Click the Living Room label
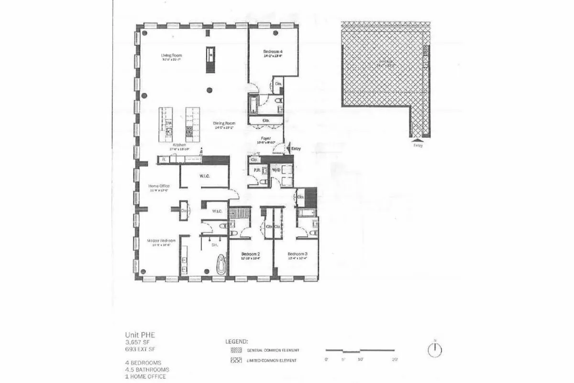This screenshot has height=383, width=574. point(171,56)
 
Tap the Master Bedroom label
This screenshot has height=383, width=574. point(161,240)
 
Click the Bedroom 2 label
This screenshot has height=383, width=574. point(250,254)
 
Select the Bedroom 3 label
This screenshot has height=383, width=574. point(297,254)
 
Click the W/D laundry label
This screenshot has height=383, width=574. point(276,170)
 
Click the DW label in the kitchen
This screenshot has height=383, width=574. point(168,123)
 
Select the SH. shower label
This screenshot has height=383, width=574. point(215,245)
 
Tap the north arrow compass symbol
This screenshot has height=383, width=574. point(435,350)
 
